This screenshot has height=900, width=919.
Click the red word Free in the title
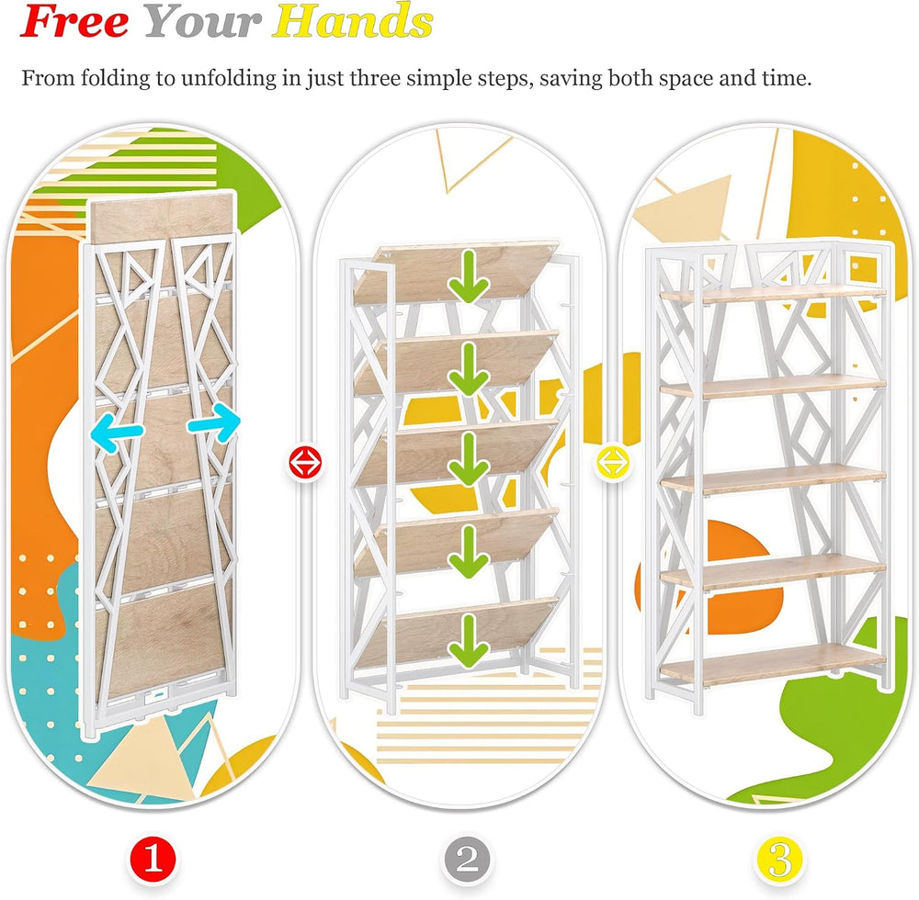[74, 22]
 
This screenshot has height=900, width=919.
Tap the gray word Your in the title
[202, 22]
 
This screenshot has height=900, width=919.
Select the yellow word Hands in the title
[353, 22]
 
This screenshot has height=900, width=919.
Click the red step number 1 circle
[153, 860]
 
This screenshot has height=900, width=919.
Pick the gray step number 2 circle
[467, 860]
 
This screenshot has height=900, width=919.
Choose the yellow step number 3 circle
[779, 860]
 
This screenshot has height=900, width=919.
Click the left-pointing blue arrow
[117, 434]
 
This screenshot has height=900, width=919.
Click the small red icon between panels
[305, 462]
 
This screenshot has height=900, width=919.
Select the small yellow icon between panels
[612, 462]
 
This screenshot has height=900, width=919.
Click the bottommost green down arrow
[469, 641]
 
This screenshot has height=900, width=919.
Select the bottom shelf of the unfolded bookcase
[773, 664]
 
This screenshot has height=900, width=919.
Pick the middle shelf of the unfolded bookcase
[773, 479]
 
